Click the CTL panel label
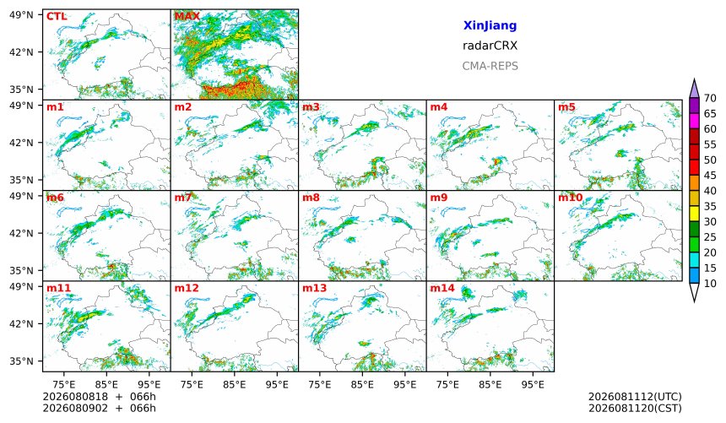click(57, 17)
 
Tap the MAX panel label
click(187, 17)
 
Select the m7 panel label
click(183, 198)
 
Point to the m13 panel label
click(314, 288)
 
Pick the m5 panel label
click(566, 107)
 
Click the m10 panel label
click(571, 198)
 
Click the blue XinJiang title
click(490, 26)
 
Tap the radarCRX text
click(490, 46)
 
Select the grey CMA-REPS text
click(490, 66)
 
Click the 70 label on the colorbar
click(710, 98)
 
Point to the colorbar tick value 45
click(710, 176)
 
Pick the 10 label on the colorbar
click(710, 284)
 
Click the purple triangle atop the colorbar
click(694, 89)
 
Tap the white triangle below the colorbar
click(694, 291)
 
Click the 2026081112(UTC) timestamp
click(635, 397)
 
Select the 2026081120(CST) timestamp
click(635, 409)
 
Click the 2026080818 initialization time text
click(75, 397)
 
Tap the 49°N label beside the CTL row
click(21, 15)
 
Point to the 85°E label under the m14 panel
click(490, 384)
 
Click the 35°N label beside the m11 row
click(21, 361)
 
